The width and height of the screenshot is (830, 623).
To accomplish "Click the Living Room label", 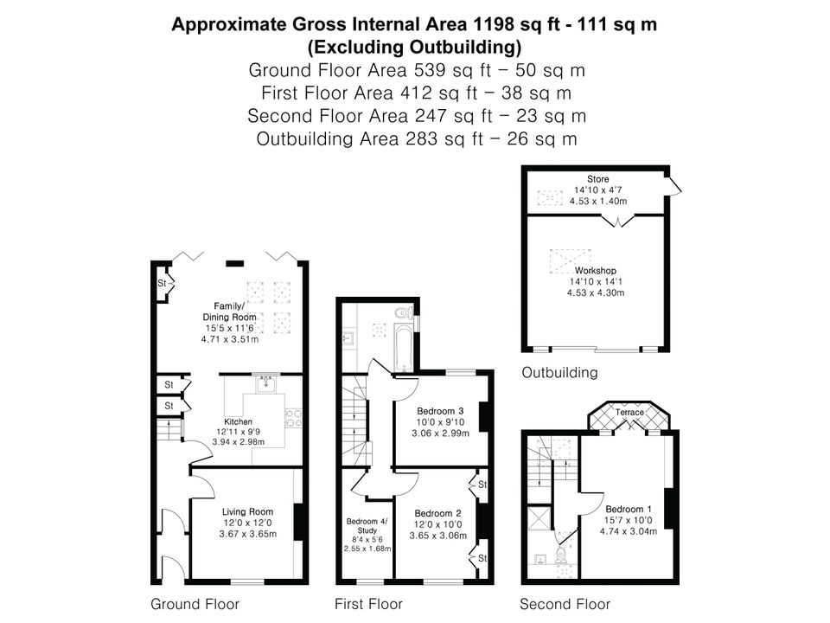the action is click(x=248, y=511).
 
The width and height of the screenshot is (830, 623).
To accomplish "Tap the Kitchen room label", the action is click(x=239, y=421).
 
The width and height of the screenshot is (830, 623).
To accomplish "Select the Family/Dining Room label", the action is click(x=229, y=311).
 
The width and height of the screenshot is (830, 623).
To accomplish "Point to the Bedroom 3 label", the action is click(x=440, y=411).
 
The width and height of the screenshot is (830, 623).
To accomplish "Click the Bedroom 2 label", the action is click(x=437, y=513).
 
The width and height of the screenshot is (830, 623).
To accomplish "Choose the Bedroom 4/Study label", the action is click(x=367, y=525).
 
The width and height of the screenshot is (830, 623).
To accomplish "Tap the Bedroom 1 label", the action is click(x=629, y=509).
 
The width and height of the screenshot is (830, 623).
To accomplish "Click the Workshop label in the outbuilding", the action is click(x=596, y=271).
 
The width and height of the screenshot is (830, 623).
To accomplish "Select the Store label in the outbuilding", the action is click(x=598, y=179).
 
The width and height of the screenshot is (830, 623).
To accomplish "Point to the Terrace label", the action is click(x=629, y=412).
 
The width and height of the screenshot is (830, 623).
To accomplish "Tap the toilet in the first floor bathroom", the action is click(x=405, y=312).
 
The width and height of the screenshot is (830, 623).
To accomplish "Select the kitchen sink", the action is click(x=265, y=383).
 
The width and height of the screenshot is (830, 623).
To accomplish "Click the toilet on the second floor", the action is click(x=560, y=555).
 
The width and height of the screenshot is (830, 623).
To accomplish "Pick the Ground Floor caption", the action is click(x=195, y=604).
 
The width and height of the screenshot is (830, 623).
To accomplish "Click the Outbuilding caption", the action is click(x=559, y=372).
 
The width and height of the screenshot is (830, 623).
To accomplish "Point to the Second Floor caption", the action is click(x=565, y=604).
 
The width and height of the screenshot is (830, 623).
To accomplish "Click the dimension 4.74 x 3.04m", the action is click(x=629, y=531).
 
